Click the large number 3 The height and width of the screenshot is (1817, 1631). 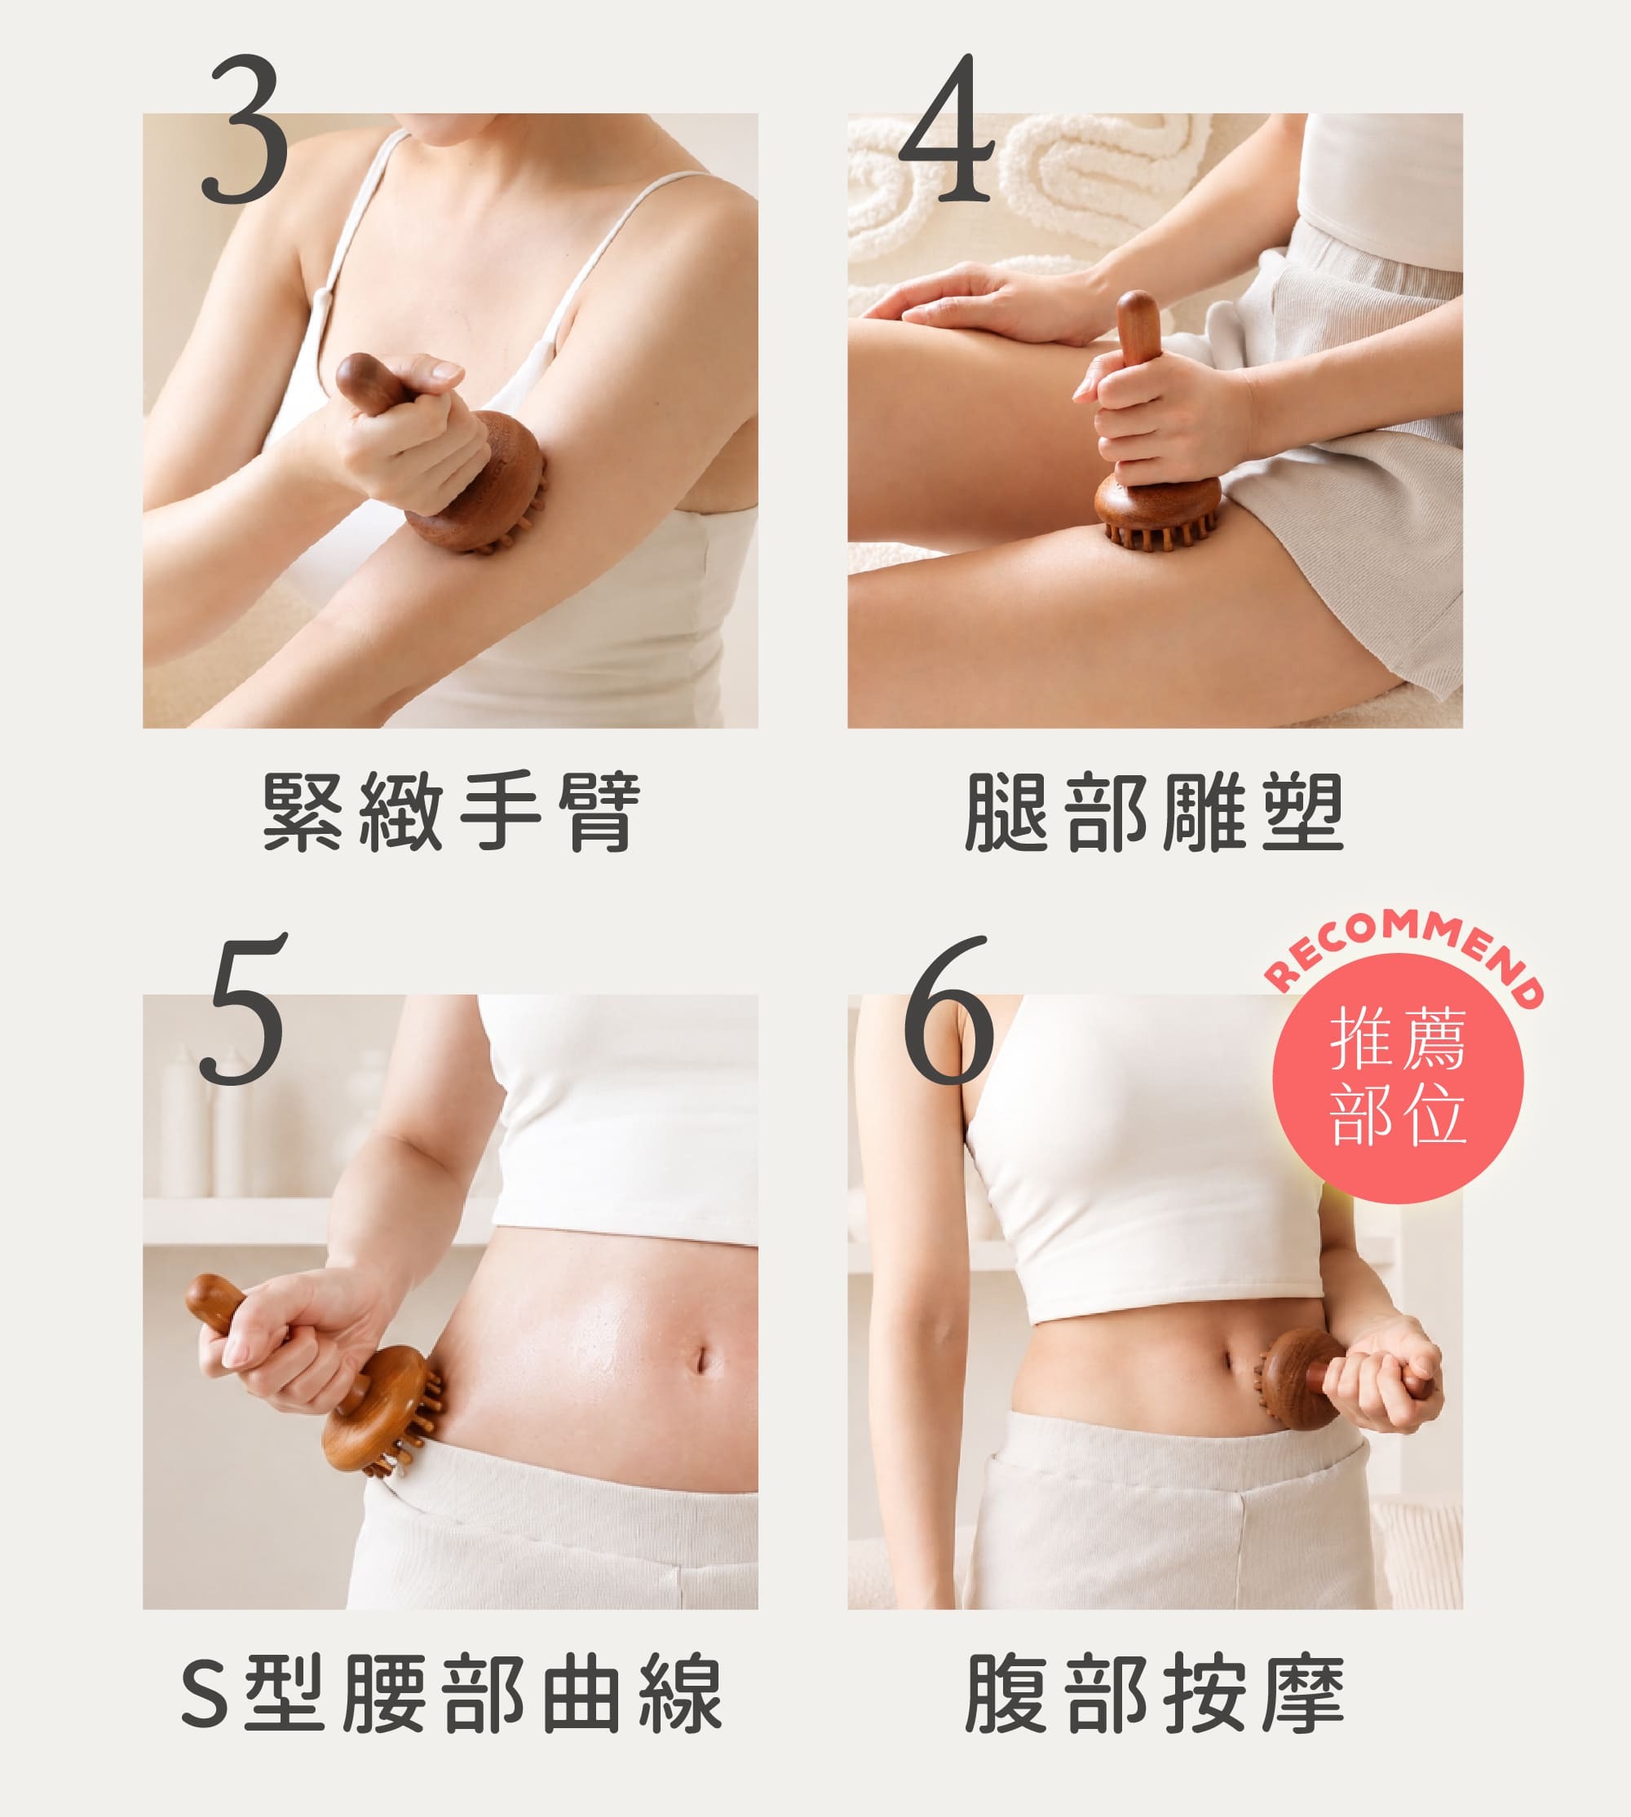click(x=245, y=129)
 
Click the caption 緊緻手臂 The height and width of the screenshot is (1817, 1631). click(x=452, y=811)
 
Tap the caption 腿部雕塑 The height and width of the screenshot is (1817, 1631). click(x=1154, y=811)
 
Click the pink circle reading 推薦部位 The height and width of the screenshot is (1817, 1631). click(x=1398, y=1078)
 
